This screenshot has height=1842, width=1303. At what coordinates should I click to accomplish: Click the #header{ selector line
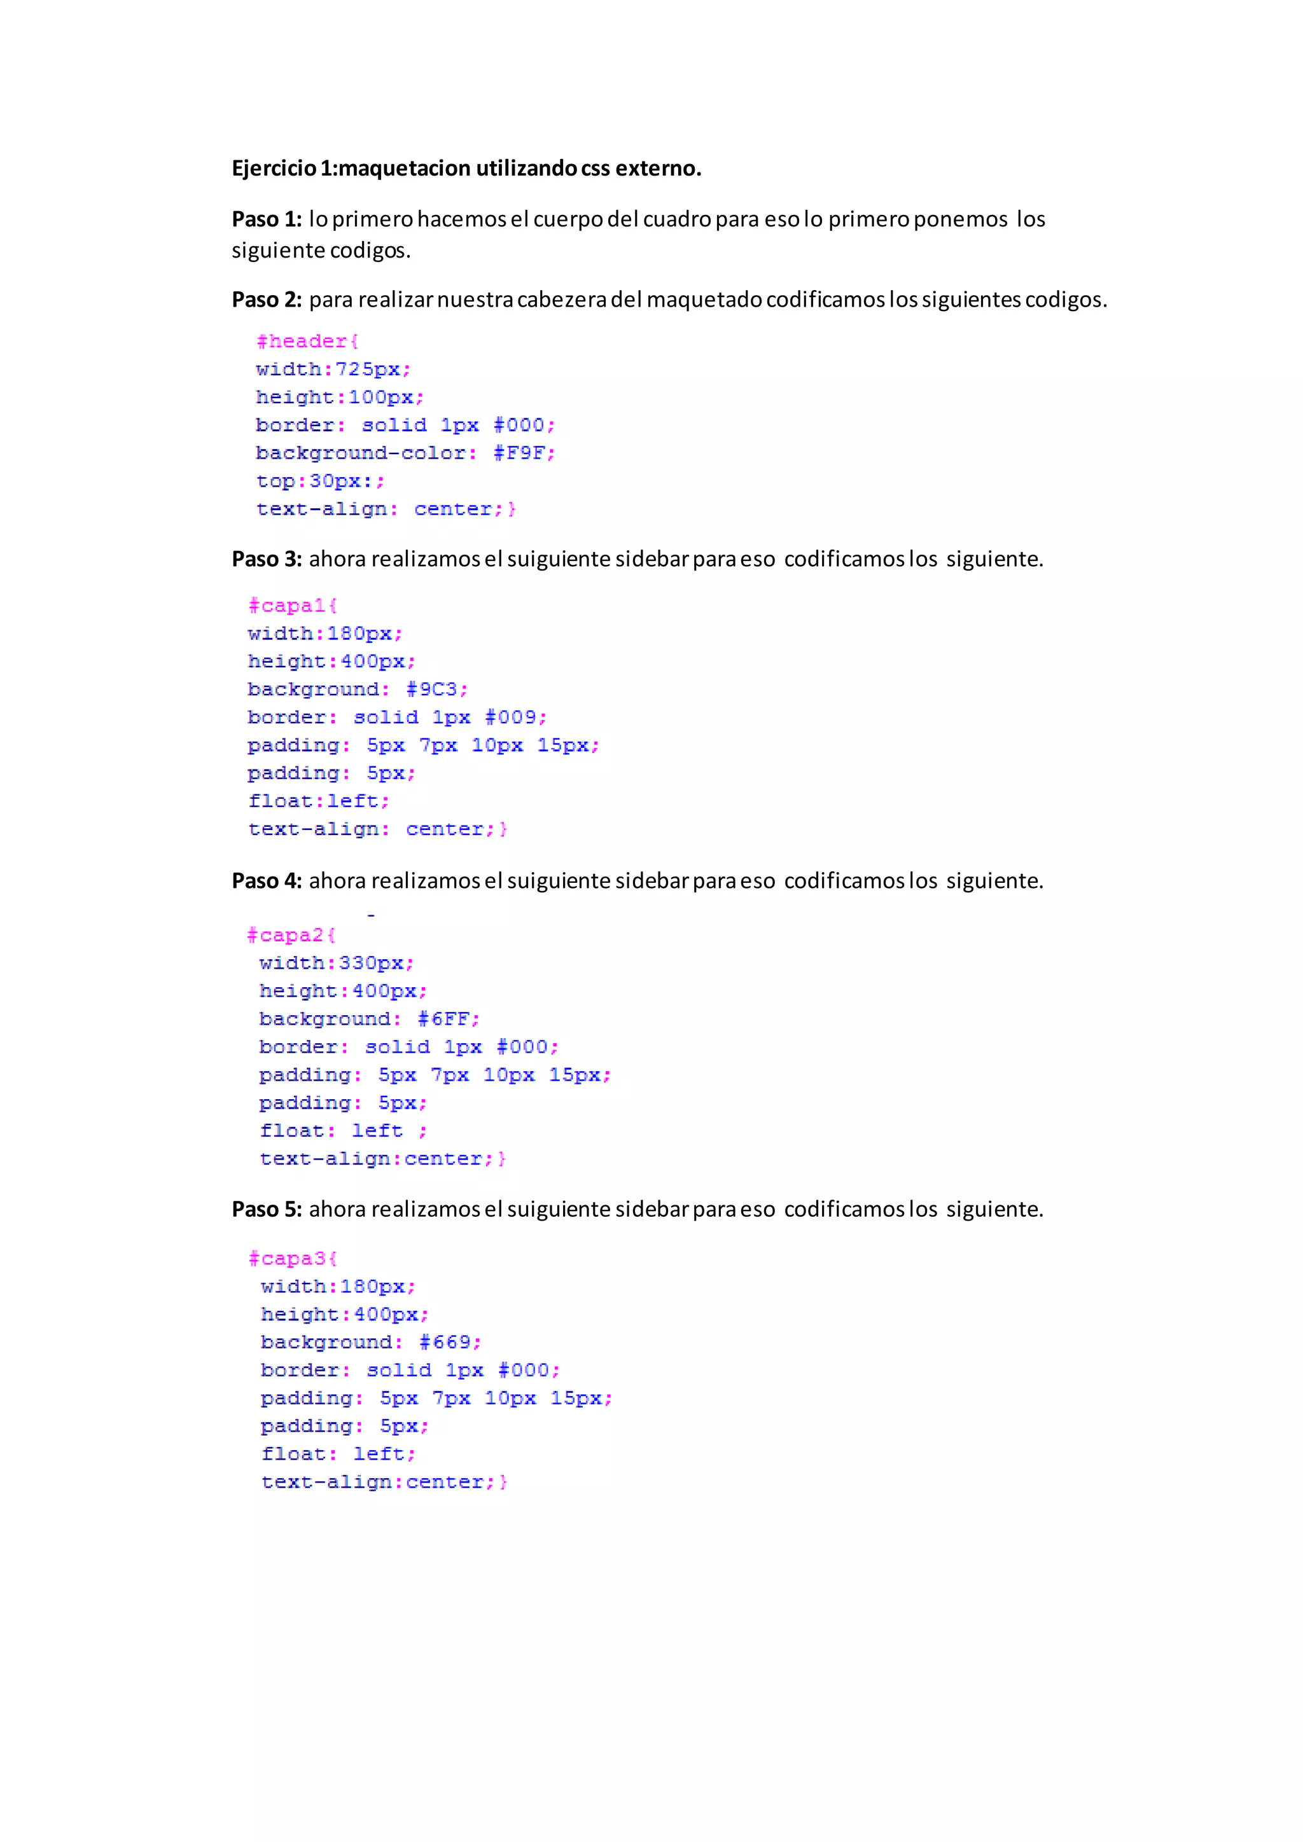point(307,341)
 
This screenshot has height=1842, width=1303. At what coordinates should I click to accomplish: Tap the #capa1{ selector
point(292,605)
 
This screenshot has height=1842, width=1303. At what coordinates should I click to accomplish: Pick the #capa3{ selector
point(293,1258)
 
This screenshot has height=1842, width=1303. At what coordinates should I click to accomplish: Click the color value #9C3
point(431,689)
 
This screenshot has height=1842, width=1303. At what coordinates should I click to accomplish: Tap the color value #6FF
point(443,1019)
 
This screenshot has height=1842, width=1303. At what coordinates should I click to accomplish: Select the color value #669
point(445,1342)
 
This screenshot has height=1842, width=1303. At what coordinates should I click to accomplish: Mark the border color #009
point(511,717)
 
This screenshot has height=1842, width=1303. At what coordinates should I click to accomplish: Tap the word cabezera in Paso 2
point(562,299)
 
